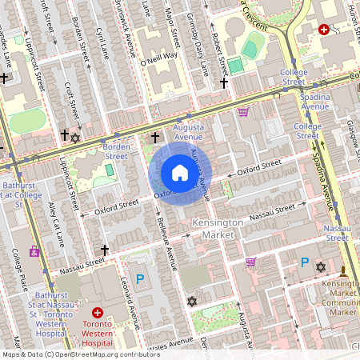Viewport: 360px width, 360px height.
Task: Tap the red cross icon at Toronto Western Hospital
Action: pos(98,313)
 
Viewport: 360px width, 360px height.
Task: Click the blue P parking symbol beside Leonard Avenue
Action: pos(140,279)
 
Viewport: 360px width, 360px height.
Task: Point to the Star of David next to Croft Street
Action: pos(76,138)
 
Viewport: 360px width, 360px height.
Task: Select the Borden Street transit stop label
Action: pos(116,151)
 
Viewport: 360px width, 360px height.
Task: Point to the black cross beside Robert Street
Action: pos(224,82)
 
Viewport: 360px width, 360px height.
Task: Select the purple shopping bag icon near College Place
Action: pos(34,251)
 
